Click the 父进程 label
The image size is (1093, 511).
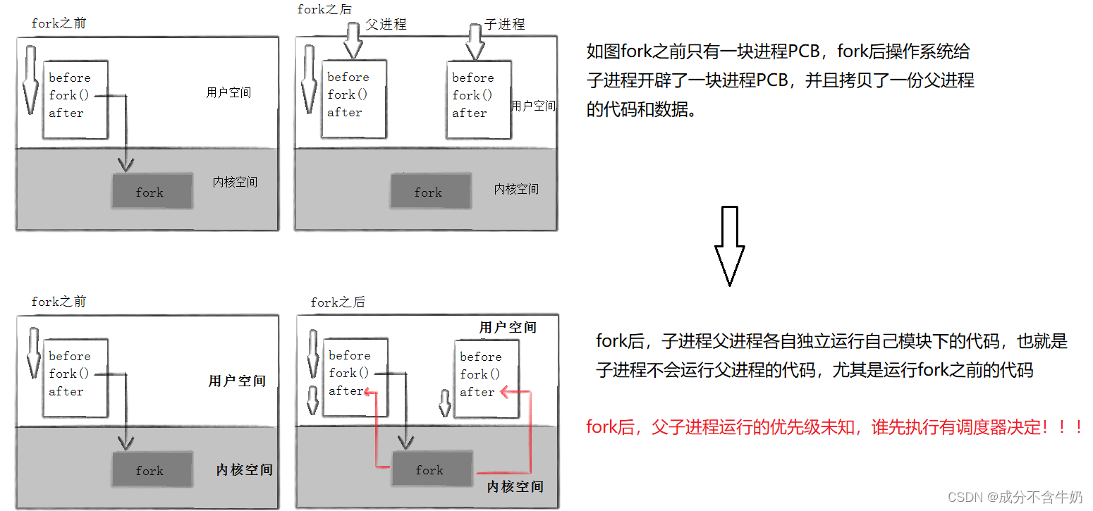(x=386, y=24)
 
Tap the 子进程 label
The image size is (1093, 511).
(x=505, y=24)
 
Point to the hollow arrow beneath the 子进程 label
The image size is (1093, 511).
(x=475, y=41)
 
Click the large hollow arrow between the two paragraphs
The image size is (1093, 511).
(x=729, y=245)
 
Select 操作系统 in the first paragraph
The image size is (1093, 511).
(x=925, y=51)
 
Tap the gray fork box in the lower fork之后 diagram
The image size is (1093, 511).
(x=429, y=469)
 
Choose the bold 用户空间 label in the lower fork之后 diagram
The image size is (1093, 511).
(x=508, y=327)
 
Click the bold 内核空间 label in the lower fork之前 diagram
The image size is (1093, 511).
(x=244, y=469)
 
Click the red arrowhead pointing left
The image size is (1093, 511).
(x=506, y=391)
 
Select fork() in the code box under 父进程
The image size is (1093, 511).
(x=348, y=94)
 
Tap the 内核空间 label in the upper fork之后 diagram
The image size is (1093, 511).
(x=516, y=189)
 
